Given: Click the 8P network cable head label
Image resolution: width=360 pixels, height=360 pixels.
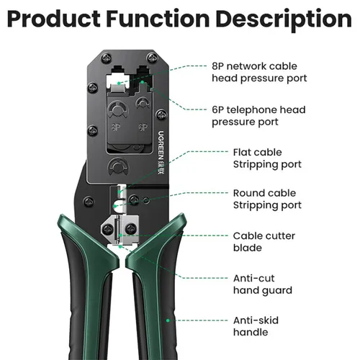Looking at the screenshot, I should pyautogui.click(x=259, y=71).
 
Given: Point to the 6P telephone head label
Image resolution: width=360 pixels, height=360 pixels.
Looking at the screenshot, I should pyautogui.click(x=258, y=116).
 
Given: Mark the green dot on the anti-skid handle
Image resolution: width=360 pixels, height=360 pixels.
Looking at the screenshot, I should pyautogui.click(x=167, y=320).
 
